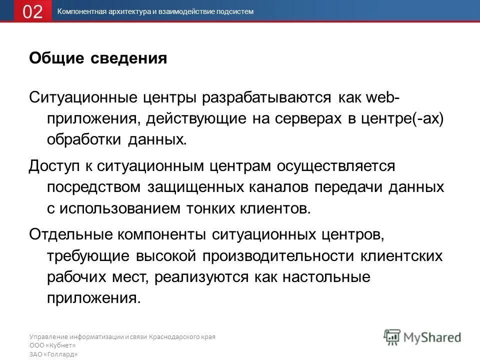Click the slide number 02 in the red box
pos(32,11)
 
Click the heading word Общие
pos(55,59)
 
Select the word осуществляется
pos(335,164)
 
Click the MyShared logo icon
pos(392,336)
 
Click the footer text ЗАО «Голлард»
pos(53,354)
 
